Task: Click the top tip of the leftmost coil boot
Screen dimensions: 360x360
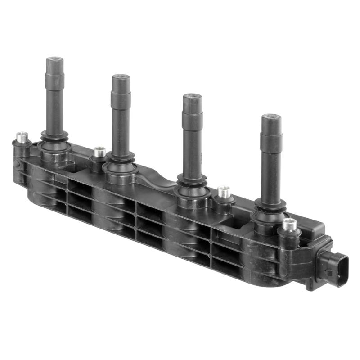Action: click(x=55, y=59)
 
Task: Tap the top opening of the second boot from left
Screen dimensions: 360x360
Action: click(x=121, y=77)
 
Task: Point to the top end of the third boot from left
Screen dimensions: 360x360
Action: click(x=192, y=96)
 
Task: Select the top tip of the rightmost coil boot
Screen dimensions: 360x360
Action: click(x=271, y=118)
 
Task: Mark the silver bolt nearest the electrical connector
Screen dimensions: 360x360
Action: click(x=290, y=224)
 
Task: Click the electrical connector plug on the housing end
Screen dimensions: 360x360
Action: click(x=333, y=268)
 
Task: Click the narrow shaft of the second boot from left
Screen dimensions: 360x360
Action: click(x=121, y=130)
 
